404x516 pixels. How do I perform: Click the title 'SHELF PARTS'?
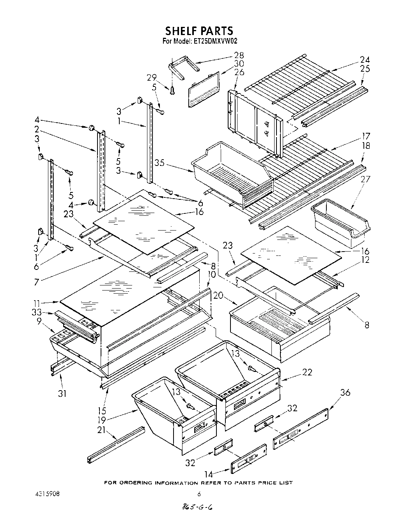click(199, 30)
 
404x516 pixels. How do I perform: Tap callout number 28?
click(239, 55)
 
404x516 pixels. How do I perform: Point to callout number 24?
click(365, 60)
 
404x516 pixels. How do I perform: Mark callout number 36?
click(345, 393)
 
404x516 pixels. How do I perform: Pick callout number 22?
click(307, 373)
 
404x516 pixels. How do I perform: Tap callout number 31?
click(62, 393)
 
